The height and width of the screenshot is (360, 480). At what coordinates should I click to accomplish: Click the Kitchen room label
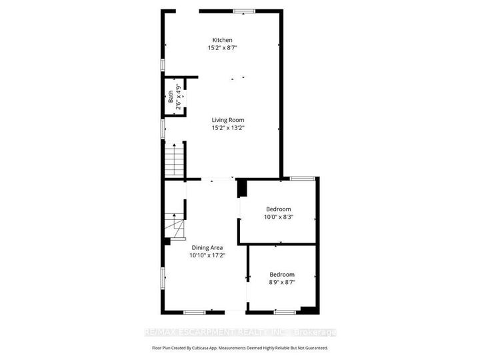223,40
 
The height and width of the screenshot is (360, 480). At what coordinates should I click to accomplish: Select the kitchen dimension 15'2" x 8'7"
223,48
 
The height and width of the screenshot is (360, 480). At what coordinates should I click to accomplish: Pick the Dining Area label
207,247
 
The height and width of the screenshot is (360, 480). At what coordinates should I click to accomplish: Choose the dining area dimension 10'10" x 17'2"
207,255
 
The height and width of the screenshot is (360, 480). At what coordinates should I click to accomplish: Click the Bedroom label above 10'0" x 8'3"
278,209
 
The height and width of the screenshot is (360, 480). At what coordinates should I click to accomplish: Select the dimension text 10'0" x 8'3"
278,217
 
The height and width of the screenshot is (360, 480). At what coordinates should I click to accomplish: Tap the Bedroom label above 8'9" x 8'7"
282,274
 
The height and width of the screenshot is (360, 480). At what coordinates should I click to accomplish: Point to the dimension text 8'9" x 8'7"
282,282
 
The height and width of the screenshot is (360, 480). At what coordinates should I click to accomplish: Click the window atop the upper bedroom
302,178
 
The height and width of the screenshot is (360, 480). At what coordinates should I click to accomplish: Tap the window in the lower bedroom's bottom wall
285,312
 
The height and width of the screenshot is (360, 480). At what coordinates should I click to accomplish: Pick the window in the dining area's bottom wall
195,312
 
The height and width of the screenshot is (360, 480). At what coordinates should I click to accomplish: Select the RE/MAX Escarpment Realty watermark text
240,332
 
